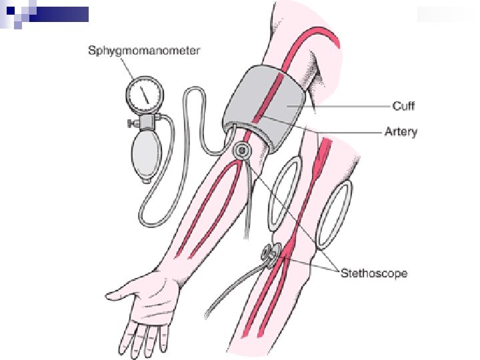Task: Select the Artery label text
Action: tap(401, 131)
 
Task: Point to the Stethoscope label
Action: tap(374, 273)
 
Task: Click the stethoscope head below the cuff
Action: tap(241, 151)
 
